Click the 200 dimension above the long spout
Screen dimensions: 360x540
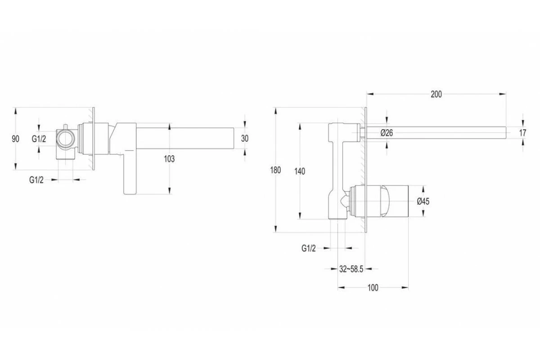(x=436, y=94)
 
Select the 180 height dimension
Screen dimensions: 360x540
(x=276, y=170)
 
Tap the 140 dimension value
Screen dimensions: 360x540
(x=299, y=171)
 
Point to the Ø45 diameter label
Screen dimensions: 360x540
(x=423, y=201)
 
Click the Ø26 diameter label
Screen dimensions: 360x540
(x=387, y=132)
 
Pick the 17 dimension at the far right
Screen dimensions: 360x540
(x=522, y=133)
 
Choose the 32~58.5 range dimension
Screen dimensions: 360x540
(x=351, y=269)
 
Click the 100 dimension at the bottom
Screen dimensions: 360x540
(x=373, y=288)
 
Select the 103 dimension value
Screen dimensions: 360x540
(x=169, y=158)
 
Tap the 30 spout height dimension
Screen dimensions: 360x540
(x=244, y=139)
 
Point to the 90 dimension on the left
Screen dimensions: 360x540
(x=15, y=139)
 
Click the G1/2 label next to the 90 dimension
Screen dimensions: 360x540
(x=39, y=139)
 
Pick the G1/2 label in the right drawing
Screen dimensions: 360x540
(x=308, y=248)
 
